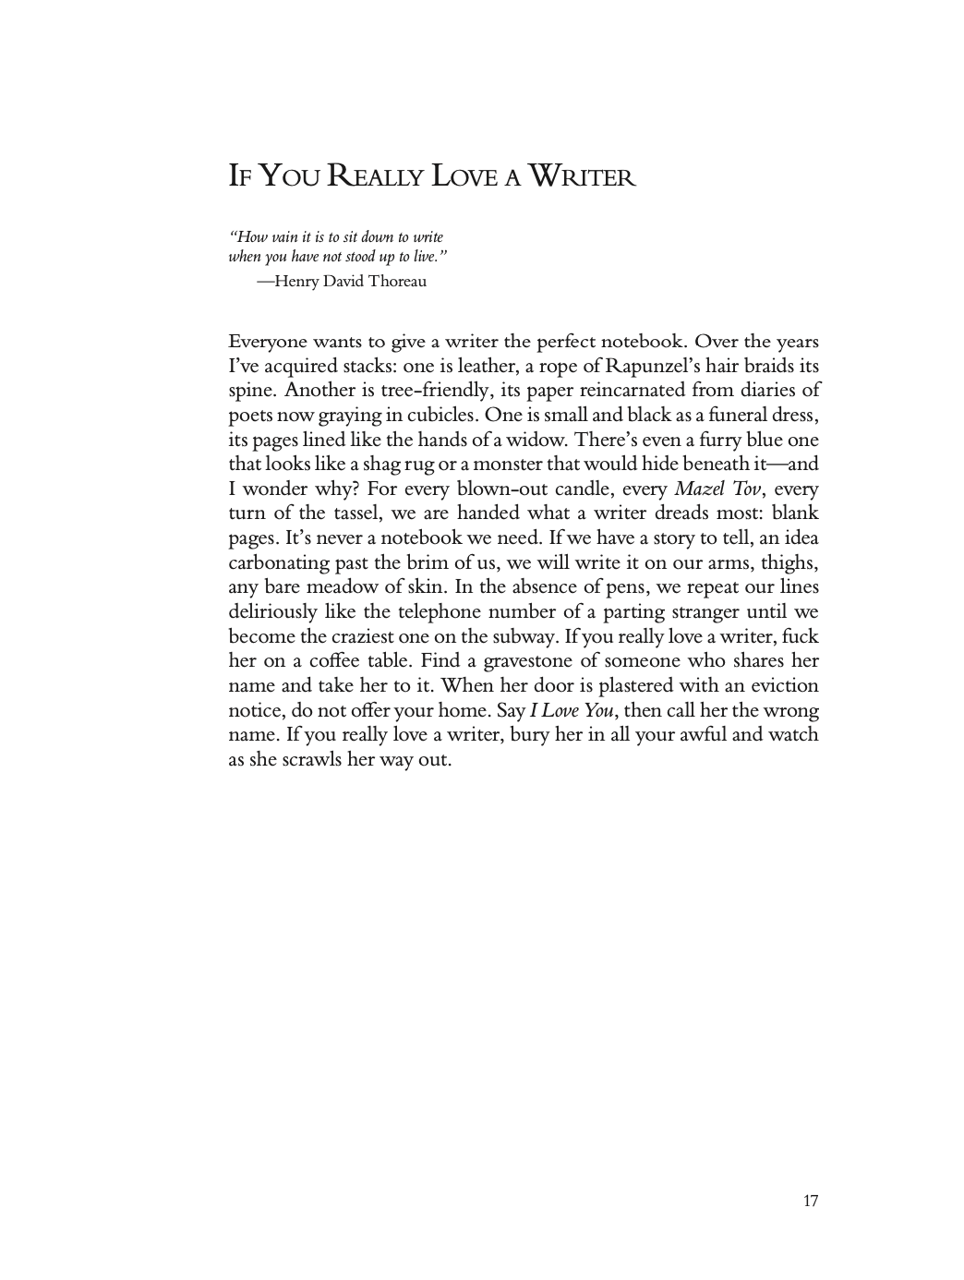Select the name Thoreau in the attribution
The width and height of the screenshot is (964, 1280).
point(397,281)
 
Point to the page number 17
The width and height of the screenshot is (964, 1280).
point(810,1201)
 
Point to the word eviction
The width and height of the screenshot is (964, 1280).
point(781,686)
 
